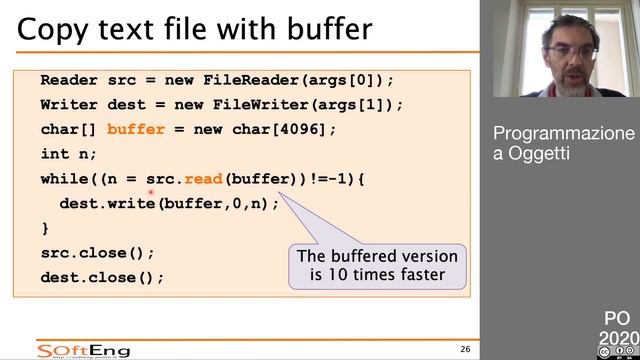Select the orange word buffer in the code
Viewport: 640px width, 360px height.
click(135, 129)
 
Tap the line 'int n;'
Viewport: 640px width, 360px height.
click(69, 154)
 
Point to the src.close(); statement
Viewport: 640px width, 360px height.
click(98, 253)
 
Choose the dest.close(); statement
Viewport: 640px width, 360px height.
click(102, 277)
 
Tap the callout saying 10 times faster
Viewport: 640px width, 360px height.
click(377, 265)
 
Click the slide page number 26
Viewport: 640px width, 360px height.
click(465, 349)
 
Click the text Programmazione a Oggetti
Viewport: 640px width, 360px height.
click(563, 143)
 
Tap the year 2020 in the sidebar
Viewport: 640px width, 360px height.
click(617, 338)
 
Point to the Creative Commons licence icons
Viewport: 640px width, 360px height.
click(617, 353)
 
